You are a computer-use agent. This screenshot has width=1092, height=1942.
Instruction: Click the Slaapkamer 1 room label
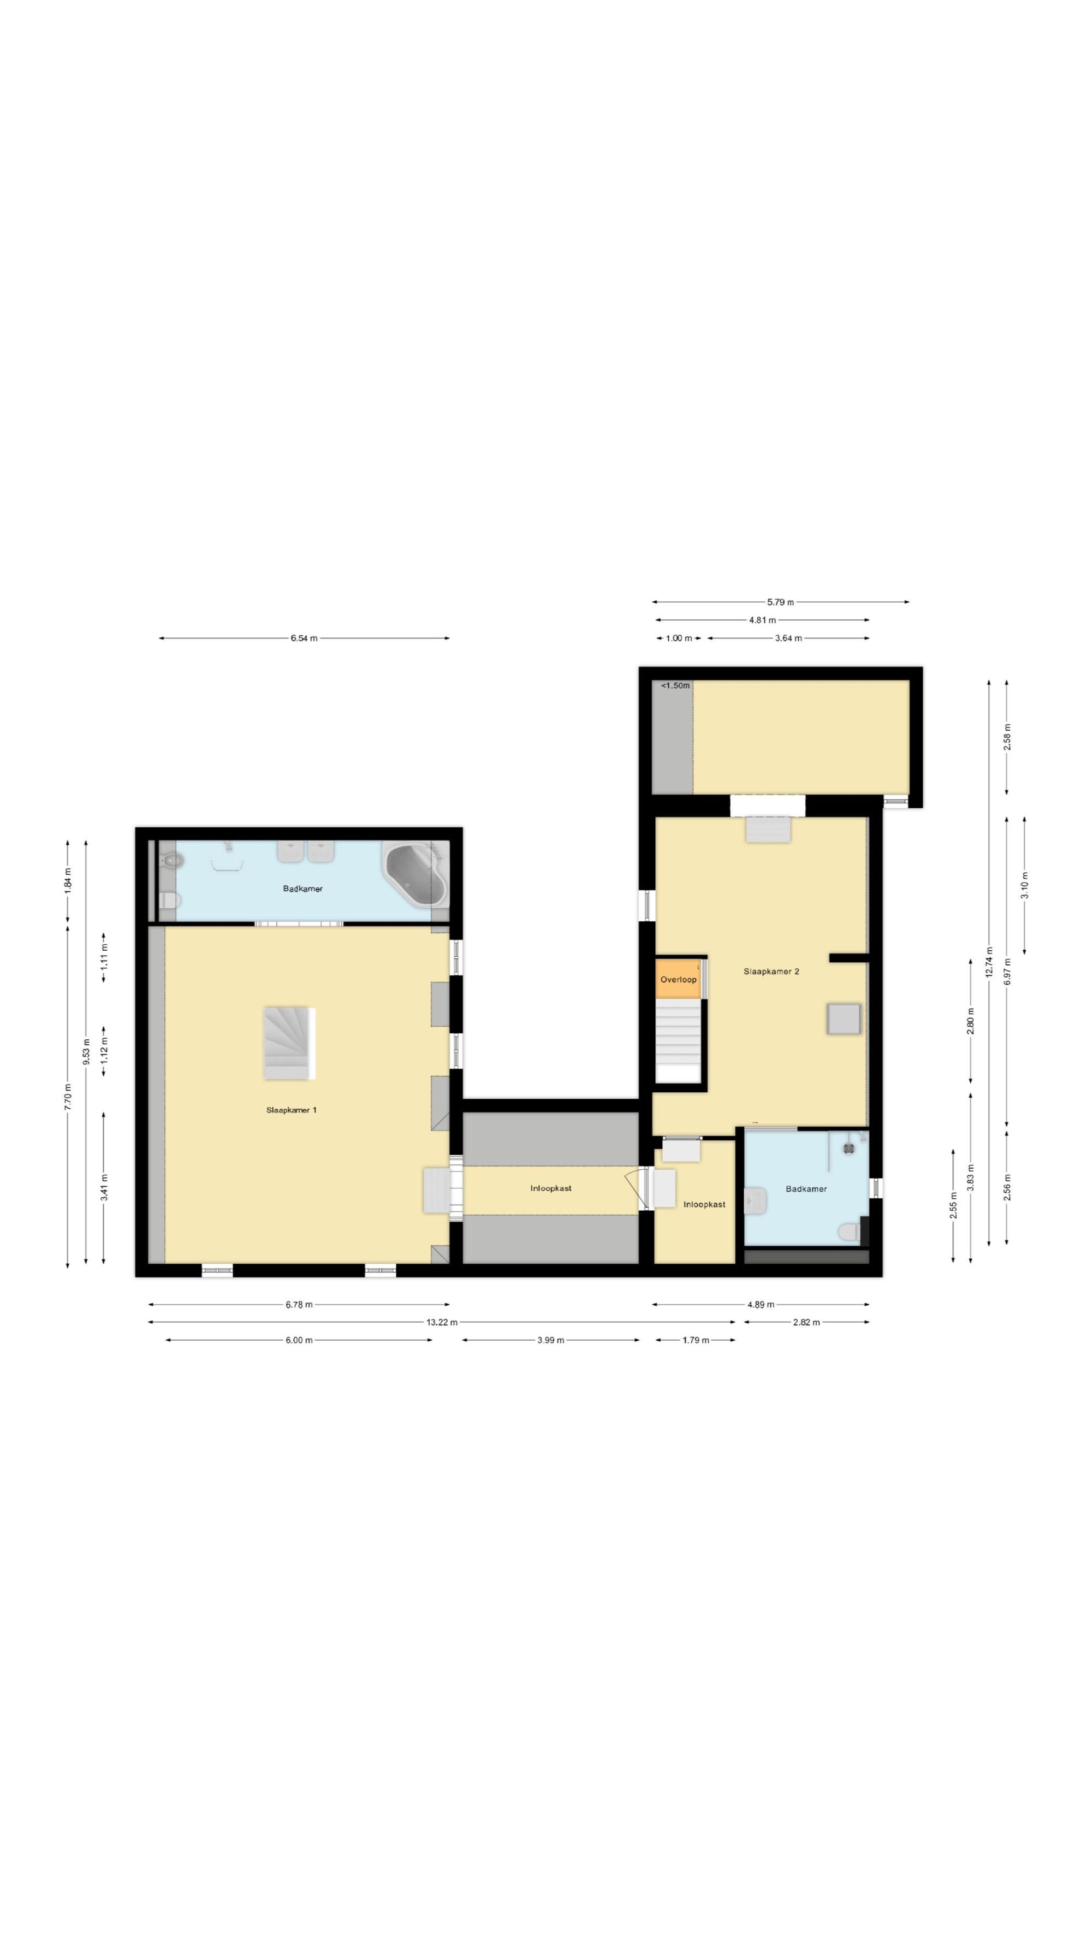(x=291, y=1110)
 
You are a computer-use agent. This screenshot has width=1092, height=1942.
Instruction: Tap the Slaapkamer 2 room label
(x=771, y=971)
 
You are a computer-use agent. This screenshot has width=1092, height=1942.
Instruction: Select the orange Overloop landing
(x=678, y=979)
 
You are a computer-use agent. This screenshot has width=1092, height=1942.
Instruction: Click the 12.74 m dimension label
(x=989, y=961)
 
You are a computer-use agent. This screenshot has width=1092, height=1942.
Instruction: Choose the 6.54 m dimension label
(x=304, y=638)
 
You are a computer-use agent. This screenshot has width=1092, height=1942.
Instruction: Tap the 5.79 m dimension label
(x=780, y=602)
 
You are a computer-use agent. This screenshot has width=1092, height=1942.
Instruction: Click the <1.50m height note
(x=675, y=685)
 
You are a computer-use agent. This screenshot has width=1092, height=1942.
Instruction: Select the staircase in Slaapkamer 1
(x=289, y=1043)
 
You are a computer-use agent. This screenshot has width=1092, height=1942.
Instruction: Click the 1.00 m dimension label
(x=678, y=638)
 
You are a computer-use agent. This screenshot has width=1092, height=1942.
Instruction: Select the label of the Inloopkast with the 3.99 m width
(x=551, y=1188)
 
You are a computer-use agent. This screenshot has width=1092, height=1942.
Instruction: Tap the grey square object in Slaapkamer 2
(x=844, y=1019)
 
